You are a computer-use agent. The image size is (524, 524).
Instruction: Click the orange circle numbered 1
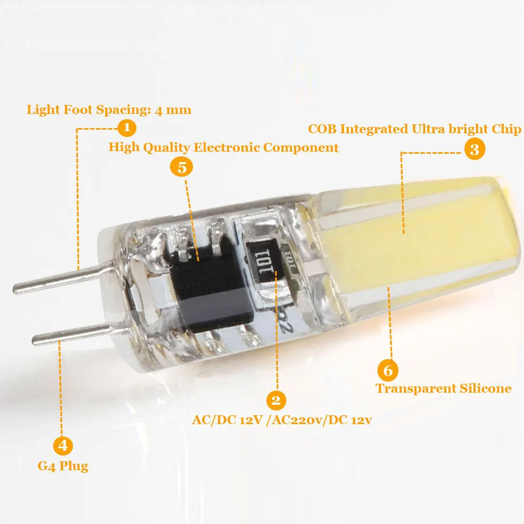(x=127, y=128)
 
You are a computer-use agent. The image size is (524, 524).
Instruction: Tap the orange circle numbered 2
(x=276, y=400)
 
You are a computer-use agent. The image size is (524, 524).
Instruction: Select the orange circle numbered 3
(x=474, y=149)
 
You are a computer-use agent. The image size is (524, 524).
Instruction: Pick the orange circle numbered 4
(x=63, y=445)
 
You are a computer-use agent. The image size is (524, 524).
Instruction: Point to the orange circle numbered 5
(x=182, y=167)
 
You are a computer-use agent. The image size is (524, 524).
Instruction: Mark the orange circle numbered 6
(x=388, y=370)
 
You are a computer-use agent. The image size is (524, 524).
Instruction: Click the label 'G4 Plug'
(x=63, y=466)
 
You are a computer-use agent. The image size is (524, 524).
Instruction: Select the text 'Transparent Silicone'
(x=444, y=388)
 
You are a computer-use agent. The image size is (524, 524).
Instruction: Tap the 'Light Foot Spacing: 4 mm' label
(x=109, y=110)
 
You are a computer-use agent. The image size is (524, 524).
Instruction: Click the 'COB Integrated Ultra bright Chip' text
(x=414, y=129)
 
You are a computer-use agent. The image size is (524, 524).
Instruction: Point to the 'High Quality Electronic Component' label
(x=223, y=147)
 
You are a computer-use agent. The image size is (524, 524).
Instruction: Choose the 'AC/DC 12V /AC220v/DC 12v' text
(x=282, y=420)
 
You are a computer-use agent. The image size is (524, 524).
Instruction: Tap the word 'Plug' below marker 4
(x=74, y=466)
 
